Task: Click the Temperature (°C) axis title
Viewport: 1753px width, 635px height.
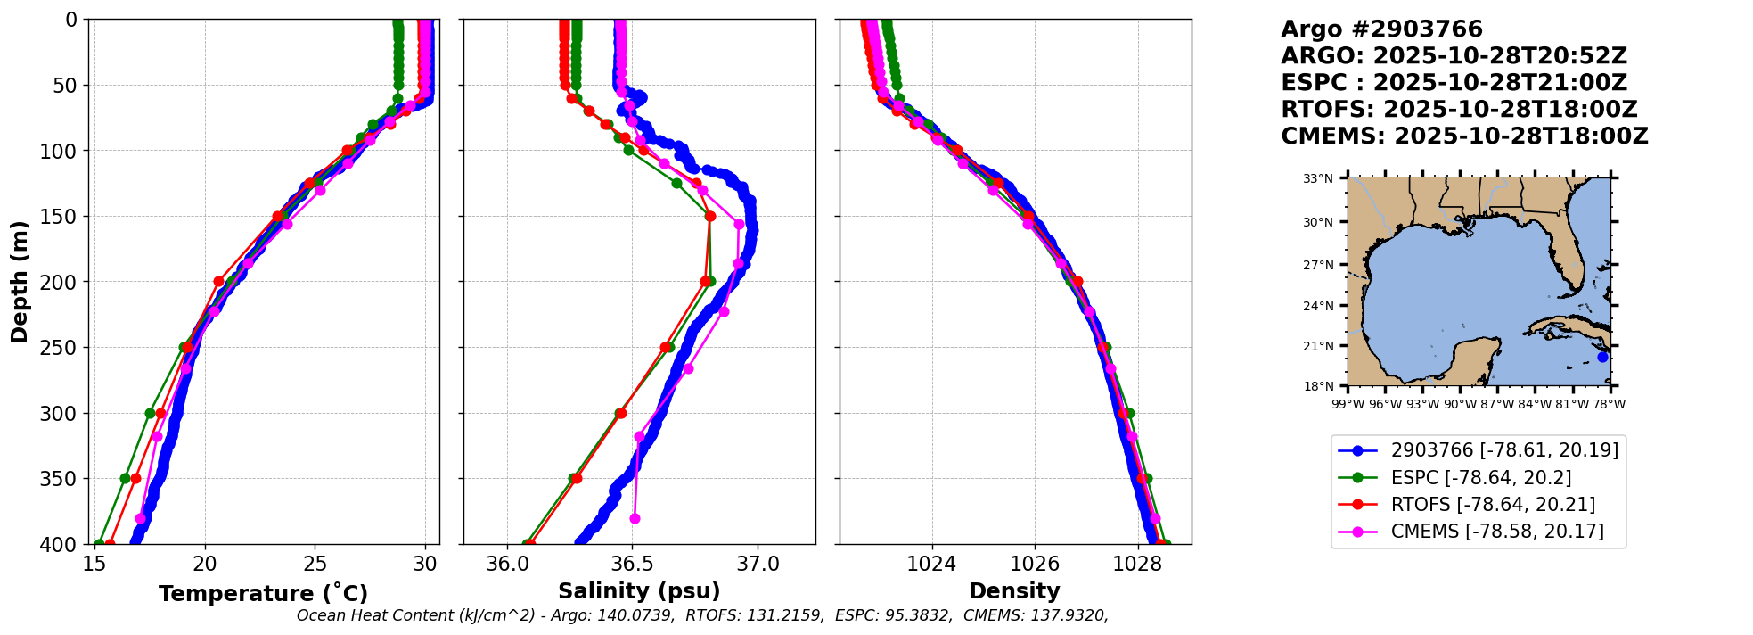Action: point(263,594)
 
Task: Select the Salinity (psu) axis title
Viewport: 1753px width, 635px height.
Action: point(639,591)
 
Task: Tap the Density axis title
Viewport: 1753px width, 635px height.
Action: point(1014,591)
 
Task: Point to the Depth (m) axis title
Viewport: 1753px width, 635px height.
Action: point(20,282)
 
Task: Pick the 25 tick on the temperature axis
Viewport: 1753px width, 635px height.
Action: point(315,565)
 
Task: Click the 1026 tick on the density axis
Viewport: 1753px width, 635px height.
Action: point(1035,565)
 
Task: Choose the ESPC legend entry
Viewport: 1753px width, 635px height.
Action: point(1480,478)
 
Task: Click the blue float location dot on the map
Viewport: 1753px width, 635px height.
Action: point(1602,357)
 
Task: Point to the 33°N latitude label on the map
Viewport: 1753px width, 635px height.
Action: point(1318,178)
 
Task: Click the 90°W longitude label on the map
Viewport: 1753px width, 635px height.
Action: point(1460,404)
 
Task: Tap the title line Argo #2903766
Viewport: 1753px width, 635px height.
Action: point(1381,29)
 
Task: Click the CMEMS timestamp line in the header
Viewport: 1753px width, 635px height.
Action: point(1464,136)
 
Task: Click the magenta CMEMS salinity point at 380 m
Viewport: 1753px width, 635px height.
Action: point(635,518)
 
